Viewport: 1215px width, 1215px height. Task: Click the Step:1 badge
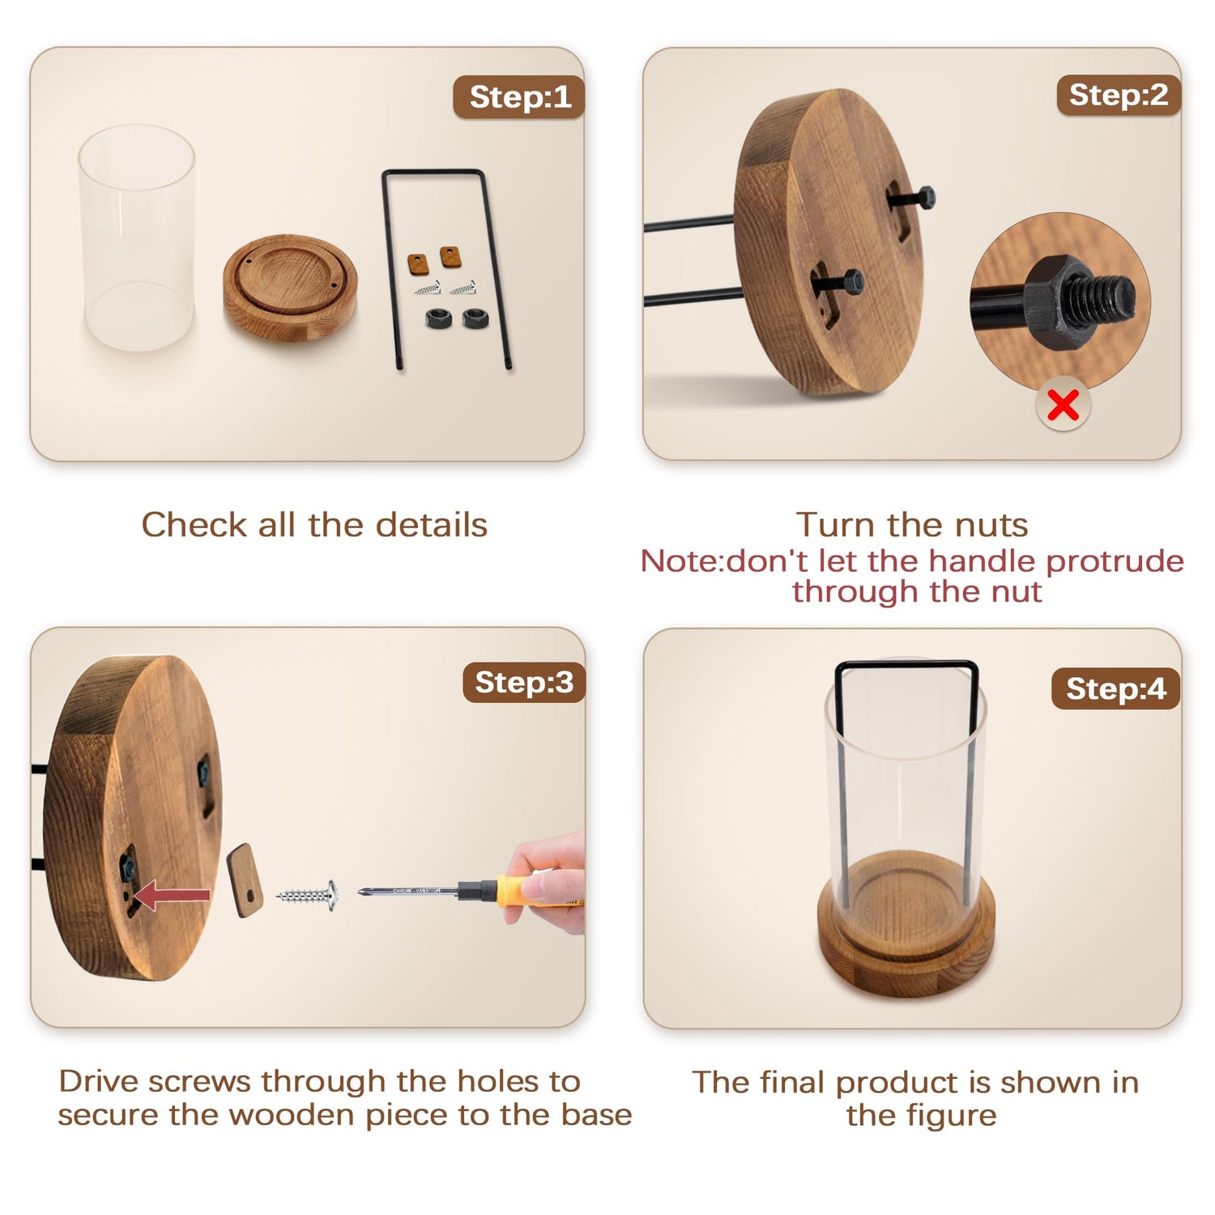click(519, 97)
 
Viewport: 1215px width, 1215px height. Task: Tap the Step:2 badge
click(1119, 95)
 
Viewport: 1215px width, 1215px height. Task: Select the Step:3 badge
click(524, 682)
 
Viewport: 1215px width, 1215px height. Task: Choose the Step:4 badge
click(1115, 688)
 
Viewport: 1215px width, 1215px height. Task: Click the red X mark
click(1063, 404)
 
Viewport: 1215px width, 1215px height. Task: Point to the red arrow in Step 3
click(171, 896)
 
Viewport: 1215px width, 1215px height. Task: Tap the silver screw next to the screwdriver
click(308, 895)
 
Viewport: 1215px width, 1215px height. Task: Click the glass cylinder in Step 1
click(136, 237)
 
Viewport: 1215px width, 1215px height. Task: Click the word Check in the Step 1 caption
click(194, 525)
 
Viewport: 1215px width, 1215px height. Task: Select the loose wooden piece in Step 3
click(245, 880)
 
